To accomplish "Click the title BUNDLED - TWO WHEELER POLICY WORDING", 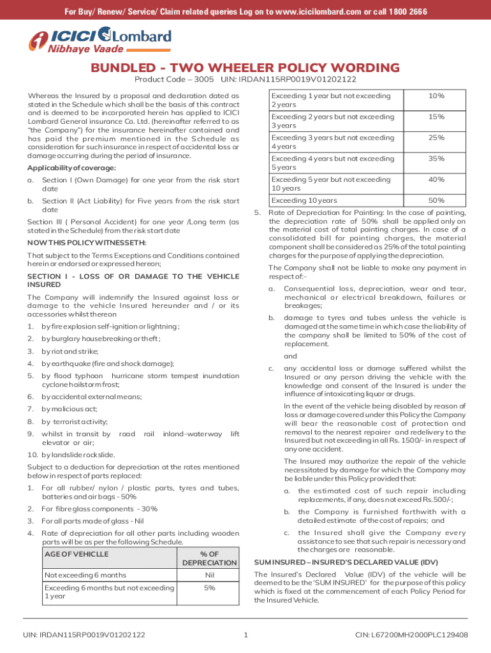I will pos(245,68).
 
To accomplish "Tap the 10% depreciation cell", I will pos(436,96).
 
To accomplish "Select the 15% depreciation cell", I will pos(436,117).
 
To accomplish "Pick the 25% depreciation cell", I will pos(436,138).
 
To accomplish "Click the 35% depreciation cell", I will pos(436,159).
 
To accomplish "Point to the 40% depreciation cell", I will pos(436,180).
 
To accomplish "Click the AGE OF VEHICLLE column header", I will pos(77,554).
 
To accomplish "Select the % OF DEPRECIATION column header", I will pos(209,558).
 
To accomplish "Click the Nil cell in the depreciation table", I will pos(209,575).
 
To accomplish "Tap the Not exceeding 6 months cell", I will pos(85,575).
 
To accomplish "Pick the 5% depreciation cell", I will pos(209,588).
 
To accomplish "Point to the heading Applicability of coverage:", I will pos(62,168).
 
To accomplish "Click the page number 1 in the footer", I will pos(246,635).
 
